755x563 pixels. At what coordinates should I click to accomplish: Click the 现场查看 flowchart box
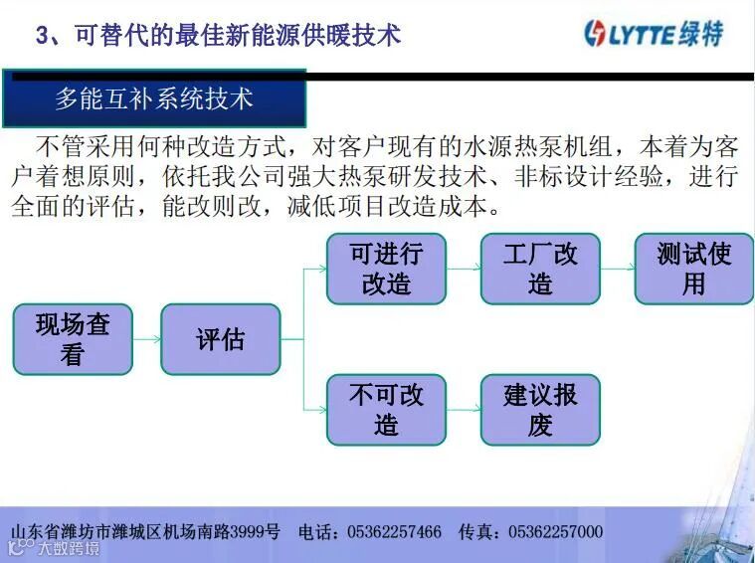(73, 339)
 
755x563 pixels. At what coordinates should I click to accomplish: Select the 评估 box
(220, 339)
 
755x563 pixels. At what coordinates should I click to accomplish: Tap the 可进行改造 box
(386, 269)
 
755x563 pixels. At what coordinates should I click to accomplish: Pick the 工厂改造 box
(540, 269)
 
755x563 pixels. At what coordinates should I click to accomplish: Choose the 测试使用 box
(693, 269)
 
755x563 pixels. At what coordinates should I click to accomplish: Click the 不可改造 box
(386, 409)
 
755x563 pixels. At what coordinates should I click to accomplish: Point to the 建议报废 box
(540, 409)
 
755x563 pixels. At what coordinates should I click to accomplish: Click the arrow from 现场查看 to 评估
(146, 339)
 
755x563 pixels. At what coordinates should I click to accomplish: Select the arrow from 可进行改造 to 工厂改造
(463, 269)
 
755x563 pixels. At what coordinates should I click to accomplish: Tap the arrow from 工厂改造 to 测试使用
(617, 269)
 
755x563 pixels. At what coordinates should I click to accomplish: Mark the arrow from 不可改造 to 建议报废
(463, 409)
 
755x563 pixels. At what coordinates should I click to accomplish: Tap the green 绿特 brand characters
(702, 34)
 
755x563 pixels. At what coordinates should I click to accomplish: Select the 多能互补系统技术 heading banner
(154, 98)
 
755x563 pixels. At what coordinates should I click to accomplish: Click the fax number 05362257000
(555, 532)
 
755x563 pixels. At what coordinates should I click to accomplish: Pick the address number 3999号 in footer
(256, 532)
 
